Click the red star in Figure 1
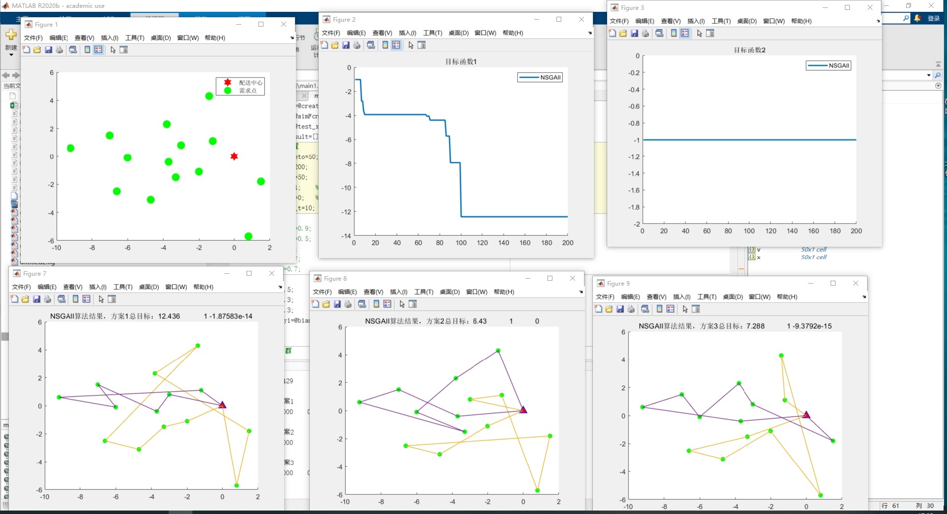click(x=234, y=156)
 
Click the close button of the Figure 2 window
click(x=582, y=19)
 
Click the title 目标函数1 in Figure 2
click(x=461, y=62)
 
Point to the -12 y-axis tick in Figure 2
click(x=347, y=212)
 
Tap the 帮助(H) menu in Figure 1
click(x=215, y=38)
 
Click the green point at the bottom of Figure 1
click(x=248, y=236)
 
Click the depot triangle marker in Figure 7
click(x=222, y=405)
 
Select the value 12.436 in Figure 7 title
click(x=169, y=316)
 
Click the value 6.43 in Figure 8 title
click(x=479, y=321)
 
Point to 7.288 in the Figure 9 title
click(x=755, y=326)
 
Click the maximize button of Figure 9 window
click(x=833, y=283)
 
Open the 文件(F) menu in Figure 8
click(x=322, y=292)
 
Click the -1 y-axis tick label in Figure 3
click(x=636, y=140)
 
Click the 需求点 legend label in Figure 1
click(x=248, y=91)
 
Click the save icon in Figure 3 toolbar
click(x=634, y=34)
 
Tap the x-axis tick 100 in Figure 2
click(x=461, y=243)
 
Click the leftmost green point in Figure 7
click(x=59, y=397)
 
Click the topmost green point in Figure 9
click(x=781, y=356)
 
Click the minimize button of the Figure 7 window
click(x=227, y=273)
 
